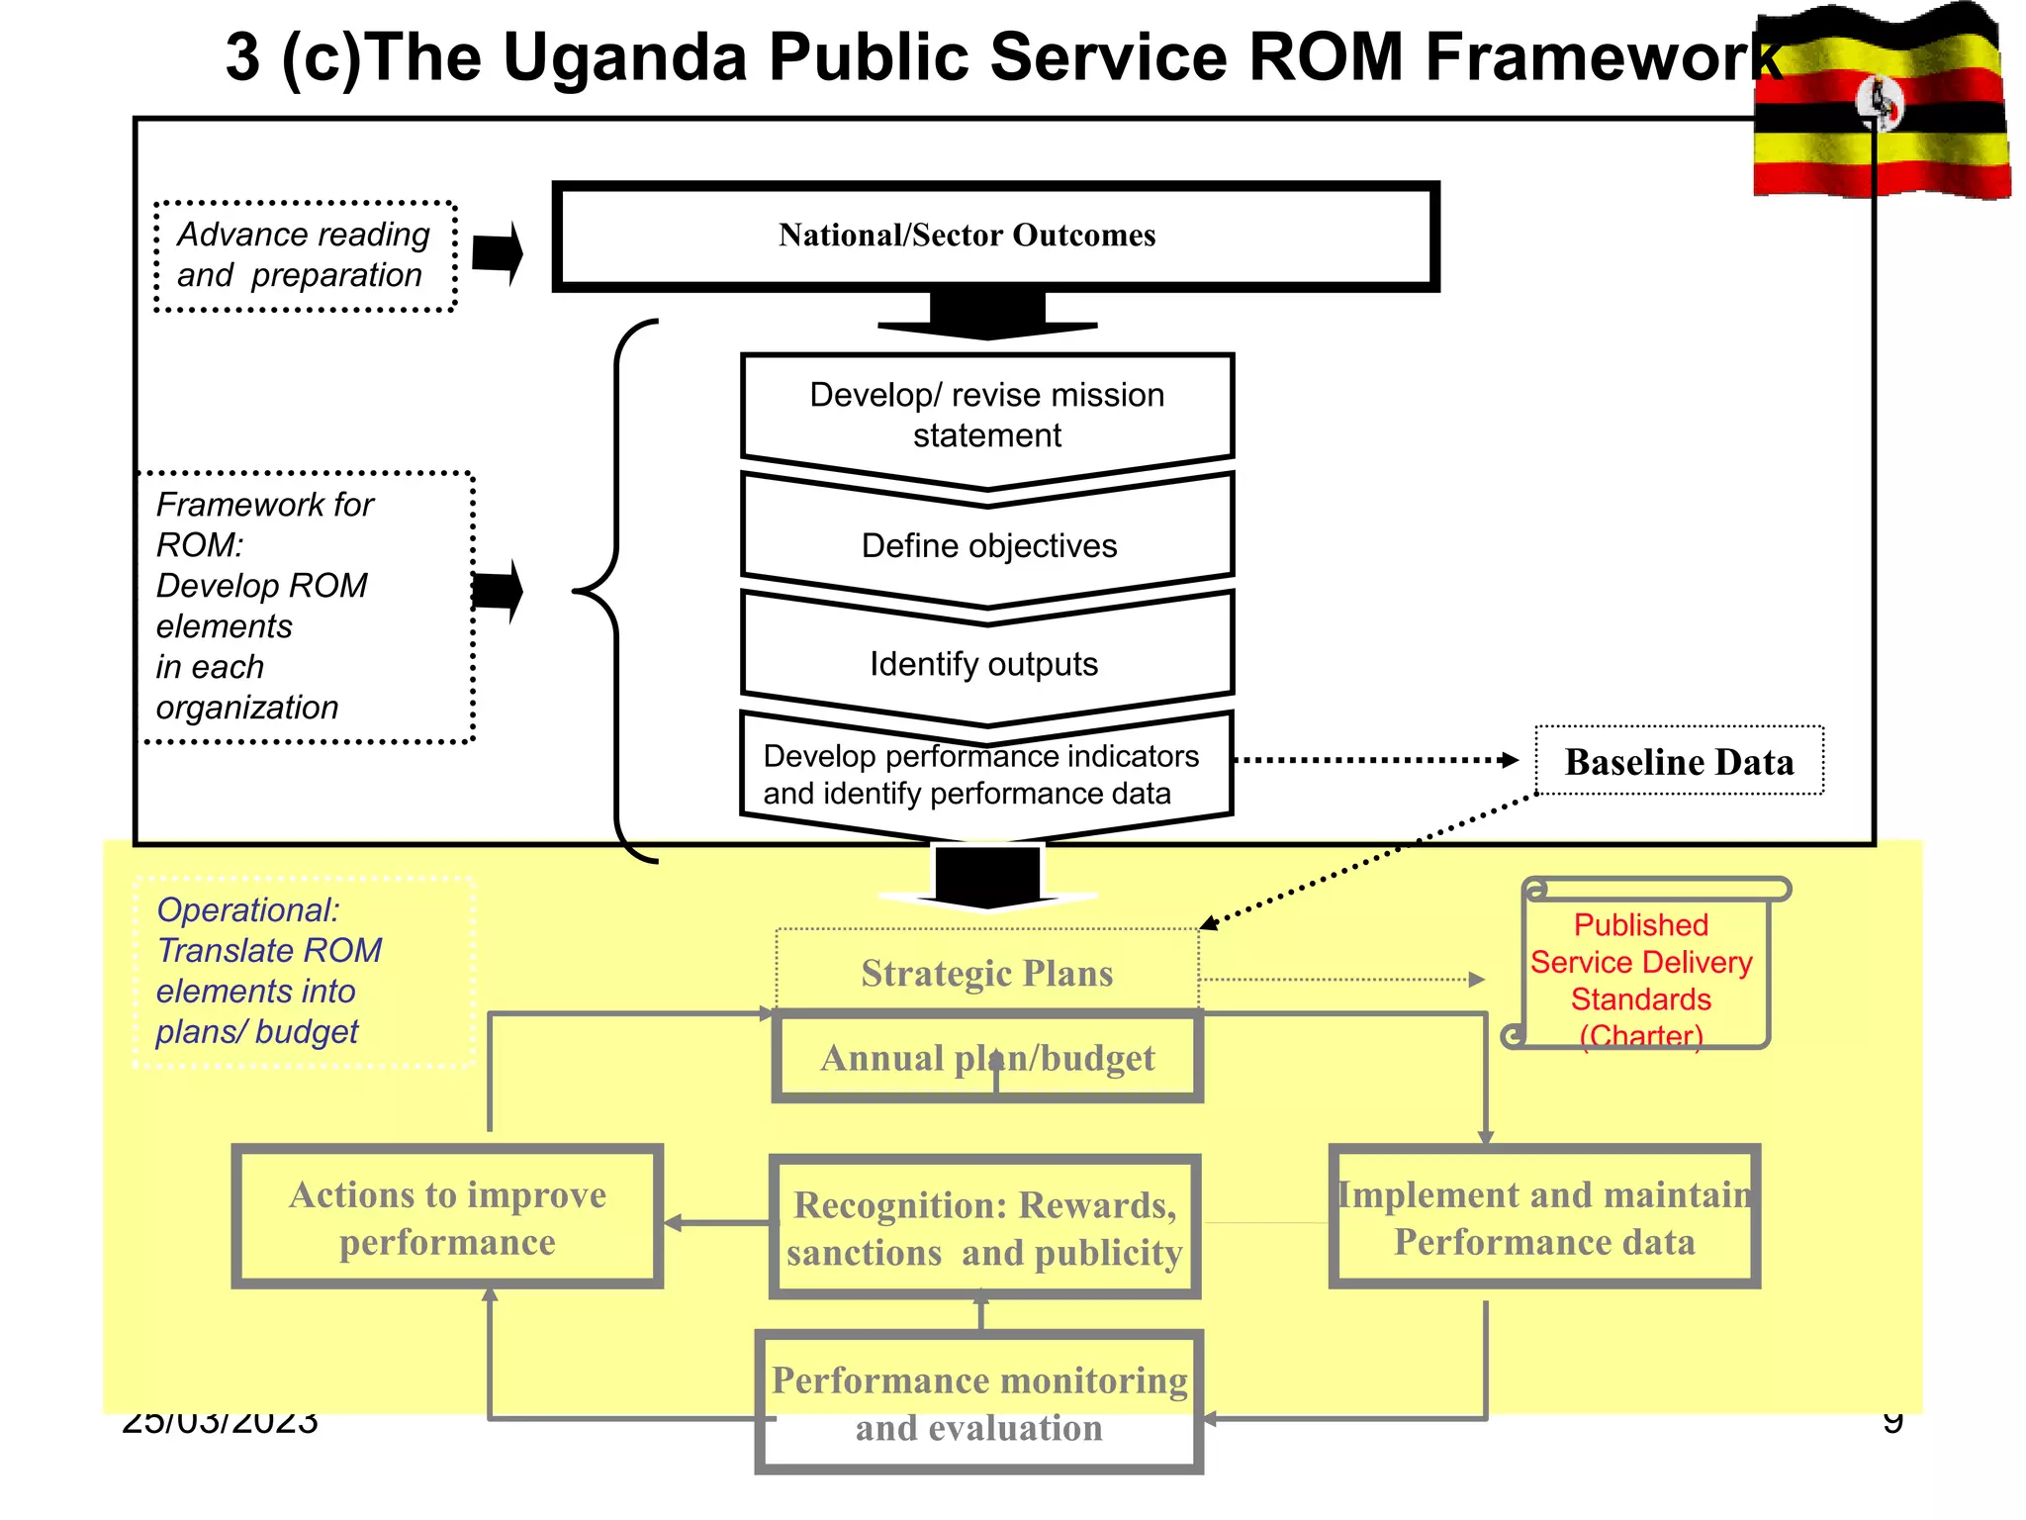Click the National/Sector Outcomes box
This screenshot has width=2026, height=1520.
tap(994, 236)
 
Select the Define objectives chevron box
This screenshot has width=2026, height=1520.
tap(987, 545)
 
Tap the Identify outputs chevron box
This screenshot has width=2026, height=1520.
tap(985, 664)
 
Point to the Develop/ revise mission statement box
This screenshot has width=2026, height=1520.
tap(987, 415)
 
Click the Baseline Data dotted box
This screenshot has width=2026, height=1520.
tap(1679, 761)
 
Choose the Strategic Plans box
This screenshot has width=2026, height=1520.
tap(987, 972)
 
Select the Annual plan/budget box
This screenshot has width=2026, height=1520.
tap(987, 1057)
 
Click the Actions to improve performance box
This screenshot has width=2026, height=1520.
tap(447, 1217)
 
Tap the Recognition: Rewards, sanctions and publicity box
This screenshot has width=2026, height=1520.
tap(984, 1227)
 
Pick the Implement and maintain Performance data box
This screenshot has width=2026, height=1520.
tap(1544, 1217)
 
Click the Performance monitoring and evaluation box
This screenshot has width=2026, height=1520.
tap(979, 1403)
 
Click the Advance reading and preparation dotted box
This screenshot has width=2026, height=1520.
tap(305, 255)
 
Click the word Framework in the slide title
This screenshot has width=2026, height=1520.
tap(1603, 57)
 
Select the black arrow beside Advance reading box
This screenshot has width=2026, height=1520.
tap(498, 253)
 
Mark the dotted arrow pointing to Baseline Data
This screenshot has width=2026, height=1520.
tap(1375, 760)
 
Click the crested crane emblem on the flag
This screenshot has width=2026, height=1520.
tap(1879, 102)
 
